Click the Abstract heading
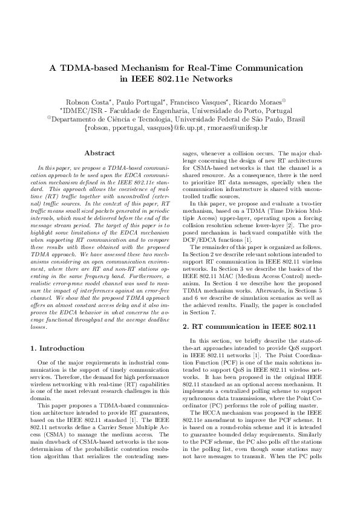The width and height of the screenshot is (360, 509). [x=100, y=154]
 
